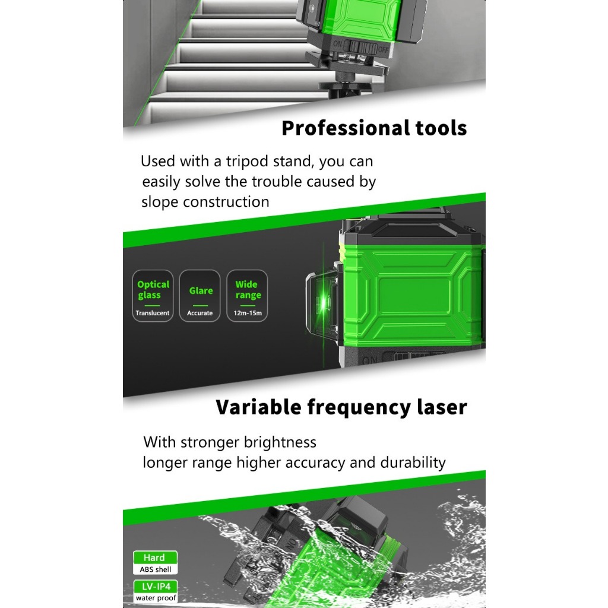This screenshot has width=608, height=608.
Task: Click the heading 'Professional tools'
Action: (x=374, y=128)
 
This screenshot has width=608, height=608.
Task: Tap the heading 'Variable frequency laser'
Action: (x=341, y=407)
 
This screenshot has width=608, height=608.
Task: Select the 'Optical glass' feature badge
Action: (x=153, y=296)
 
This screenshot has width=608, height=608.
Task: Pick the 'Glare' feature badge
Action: (x=199, y=296)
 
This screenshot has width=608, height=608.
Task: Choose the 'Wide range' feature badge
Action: (x=247, y=296)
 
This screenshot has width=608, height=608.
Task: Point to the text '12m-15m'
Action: (x=248, y=313)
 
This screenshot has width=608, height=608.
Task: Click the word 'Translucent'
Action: (x=153, y=313)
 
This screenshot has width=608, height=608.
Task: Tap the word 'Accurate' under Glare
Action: (x=199, y=313)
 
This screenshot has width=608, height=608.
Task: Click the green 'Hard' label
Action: (x=155, y=558)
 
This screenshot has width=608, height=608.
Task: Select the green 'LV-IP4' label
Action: (x=155, y=586)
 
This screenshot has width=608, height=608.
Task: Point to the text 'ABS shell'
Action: (x=155, y=569)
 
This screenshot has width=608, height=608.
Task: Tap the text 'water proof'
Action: (x=156, y=598)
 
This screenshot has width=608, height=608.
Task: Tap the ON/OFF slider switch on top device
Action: (x=360, y=48)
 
